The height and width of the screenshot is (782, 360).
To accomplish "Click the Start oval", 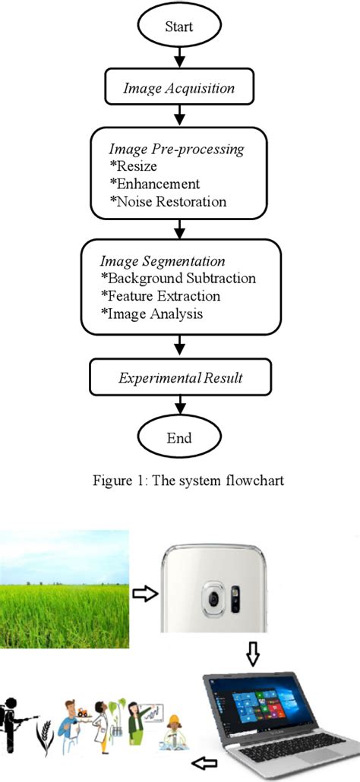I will pyautogui.click(x=179, y=27).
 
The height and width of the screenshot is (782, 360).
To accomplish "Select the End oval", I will pyautogui.click(x=179, y=438).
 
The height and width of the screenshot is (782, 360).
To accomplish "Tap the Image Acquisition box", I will pyautogui.click(x=179, y=89).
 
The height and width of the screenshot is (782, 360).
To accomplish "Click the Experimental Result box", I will pyautogui.click(x=179, y=377).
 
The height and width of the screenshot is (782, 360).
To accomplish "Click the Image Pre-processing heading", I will pyautogui.click(x=177, y=150).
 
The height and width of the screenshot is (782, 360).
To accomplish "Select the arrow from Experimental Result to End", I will pyautogui.click(x=179, y=406).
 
